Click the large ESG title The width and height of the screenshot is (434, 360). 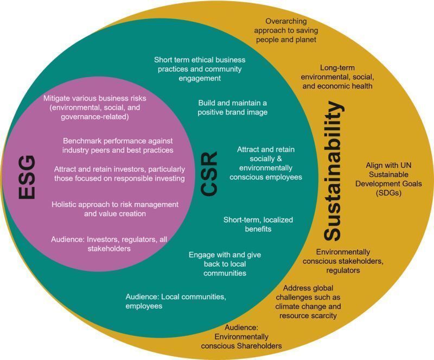coord(27,178)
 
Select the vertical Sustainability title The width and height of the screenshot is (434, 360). coord(333,171)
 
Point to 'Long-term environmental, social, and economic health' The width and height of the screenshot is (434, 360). coord(337,77)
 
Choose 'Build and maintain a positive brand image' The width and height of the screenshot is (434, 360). coord(232,108)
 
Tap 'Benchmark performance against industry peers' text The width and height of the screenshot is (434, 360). coord(118,144)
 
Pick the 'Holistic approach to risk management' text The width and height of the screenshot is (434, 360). coord(115,209)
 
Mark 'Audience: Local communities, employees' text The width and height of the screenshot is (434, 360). coord(176,301)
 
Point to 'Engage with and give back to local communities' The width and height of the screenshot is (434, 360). coord(217,263)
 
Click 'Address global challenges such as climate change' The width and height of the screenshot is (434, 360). coord(308,301)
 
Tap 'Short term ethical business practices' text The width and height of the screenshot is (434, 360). coord(200,68)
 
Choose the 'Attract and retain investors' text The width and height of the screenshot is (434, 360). coord(119,173)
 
